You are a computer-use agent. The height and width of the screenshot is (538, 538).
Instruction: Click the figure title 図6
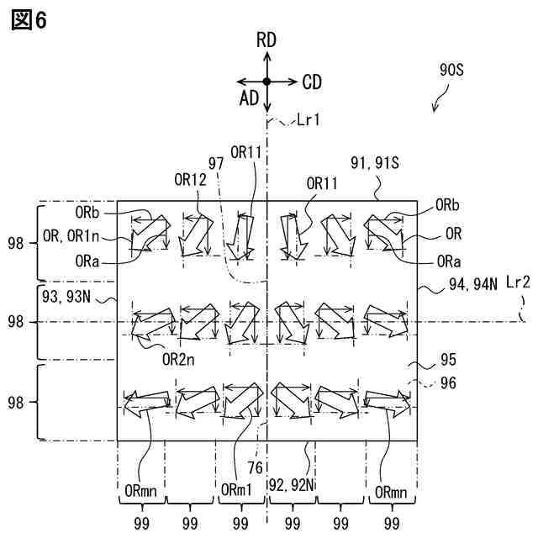click(29, 19)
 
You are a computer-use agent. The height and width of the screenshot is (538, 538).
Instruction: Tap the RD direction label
click(266, 40)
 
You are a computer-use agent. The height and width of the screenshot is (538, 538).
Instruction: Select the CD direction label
click(312, 82)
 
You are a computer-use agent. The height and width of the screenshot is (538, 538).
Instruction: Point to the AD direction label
click(249, 98)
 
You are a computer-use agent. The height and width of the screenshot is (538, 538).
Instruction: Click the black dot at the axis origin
click(266, 82)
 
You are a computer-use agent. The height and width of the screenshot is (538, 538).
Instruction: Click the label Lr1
click(308, 120)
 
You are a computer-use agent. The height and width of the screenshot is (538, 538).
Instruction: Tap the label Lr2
click(520, 286)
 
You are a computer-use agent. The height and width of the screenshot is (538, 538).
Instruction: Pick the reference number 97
click(215, 162)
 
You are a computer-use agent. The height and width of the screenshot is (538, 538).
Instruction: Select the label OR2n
click(181, 358)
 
